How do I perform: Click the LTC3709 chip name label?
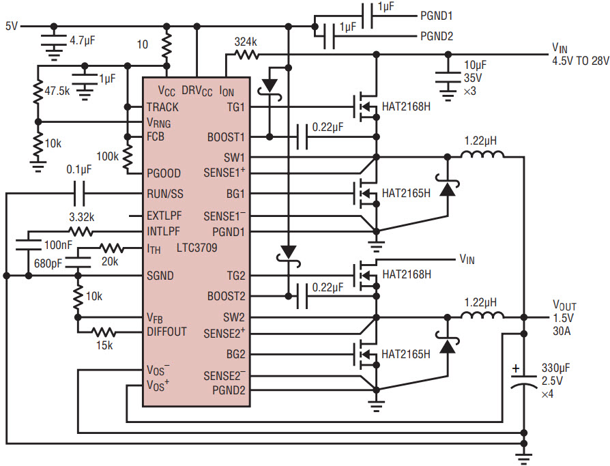[x=197, y=248]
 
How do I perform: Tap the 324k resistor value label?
[x=246, y=42]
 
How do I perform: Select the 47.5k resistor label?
[x=57, y=91]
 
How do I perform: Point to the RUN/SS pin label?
[x=165, y=194]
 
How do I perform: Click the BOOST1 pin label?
[x=226, y=137]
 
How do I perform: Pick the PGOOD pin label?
[x=163, y=173]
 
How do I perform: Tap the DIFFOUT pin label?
[x=166, y=332]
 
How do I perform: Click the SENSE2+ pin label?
[x=224, y=334]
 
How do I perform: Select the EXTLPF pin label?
[x=164, y=216]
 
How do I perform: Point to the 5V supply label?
[x=12, y=26]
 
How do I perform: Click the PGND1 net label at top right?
[x=437, y=16]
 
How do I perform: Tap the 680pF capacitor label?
[x=48, y=264]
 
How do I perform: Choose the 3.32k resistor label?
[x=82, y=217]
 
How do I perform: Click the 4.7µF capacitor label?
[x=83, y=40]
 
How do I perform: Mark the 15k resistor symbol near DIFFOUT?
[x=104, y=332]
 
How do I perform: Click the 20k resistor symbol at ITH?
[x=112, y=248]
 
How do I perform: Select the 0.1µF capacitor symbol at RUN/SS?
[x=79, y=193]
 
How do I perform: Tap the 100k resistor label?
[x=107, y=156]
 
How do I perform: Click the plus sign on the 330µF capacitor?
[x=516, y=368]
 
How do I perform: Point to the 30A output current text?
[x=562, y=331]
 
